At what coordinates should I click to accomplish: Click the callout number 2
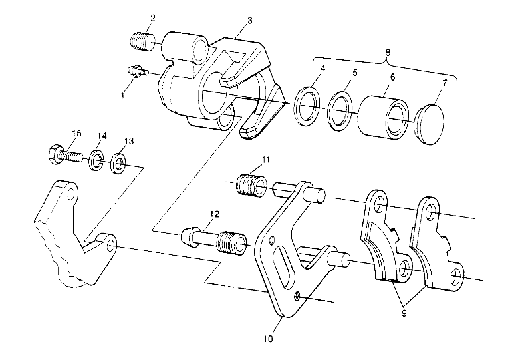pos(152,17)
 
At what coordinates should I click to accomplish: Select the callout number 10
pos(268,338)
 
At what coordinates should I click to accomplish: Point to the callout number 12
pos(213,214)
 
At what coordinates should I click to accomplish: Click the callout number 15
pos(76,134)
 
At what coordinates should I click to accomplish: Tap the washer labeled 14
pos(96,161)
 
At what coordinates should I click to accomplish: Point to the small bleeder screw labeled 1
pos(134,69)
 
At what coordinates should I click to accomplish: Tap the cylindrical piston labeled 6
pos(382,116)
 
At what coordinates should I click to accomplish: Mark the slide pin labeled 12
pos(213,240)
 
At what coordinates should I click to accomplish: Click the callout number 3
pos(249,21)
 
